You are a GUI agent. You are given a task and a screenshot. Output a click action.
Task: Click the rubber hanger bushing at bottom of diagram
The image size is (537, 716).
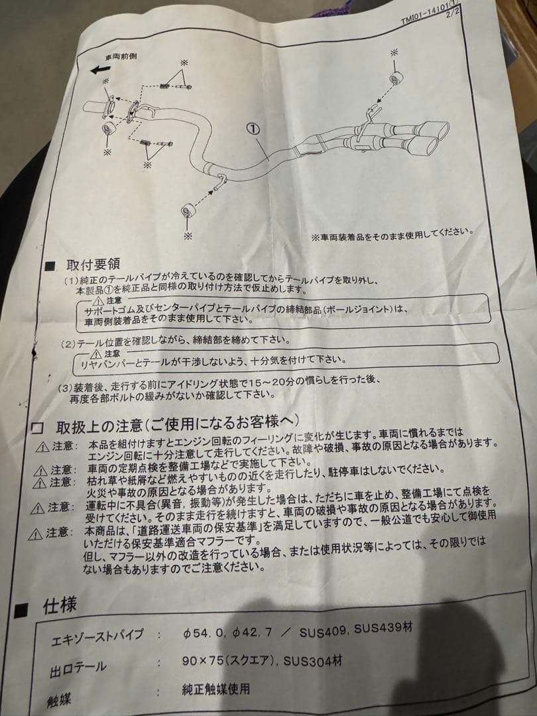coord(188,211)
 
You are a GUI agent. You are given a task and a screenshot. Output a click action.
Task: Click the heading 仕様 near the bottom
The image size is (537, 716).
coord(60,605)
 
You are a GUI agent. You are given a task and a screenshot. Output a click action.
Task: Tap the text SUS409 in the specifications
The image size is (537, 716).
coord(324,628)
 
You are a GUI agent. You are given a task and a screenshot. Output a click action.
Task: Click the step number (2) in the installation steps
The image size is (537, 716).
coord(68,345)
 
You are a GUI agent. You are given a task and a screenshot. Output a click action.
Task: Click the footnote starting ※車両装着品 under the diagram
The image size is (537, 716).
coord(391,233)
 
